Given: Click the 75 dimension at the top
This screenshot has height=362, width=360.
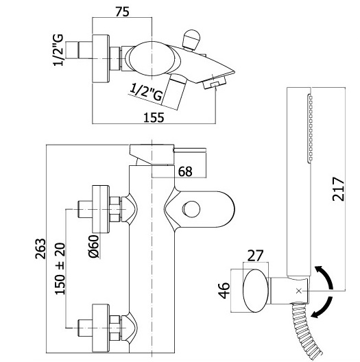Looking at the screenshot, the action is click(x=122, y=12).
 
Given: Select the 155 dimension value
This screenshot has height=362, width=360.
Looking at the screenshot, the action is click(x=154, y=117).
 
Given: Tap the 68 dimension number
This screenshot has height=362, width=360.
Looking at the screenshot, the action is click(x=185, y=171).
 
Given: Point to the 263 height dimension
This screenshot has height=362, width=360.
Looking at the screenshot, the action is click(x=40, y=248).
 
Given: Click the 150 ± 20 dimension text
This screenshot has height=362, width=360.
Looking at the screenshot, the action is click(x=60, y=269).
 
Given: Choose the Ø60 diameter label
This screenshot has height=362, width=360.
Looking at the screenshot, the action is click(x=94, y=246).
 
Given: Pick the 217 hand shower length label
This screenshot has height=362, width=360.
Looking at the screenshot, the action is click(x=338, y=189).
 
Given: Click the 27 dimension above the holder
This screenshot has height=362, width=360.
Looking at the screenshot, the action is click(x=255, y=256).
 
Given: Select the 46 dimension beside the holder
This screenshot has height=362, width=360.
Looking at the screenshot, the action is click(x=224, y=290).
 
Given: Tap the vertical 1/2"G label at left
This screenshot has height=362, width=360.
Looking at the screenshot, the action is click(x=58, y=50).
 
